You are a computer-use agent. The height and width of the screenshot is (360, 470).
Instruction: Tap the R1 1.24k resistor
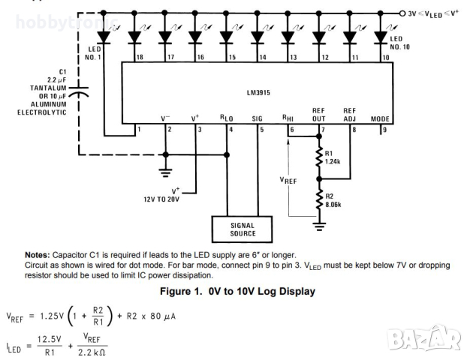coord(320,157)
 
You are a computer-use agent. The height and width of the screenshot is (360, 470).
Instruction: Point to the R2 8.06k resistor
coord(320,196)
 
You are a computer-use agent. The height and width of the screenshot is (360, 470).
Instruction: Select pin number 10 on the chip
coord(385,57)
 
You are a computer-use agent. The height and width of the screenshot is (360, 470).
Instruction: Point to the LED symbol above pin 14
coord(257,35)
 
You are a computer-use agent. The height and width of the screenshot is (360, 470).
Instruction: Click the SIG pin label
coord(258,118)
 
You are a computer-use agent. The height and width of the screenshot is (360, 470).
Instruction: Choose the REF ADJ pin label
coord(350,114)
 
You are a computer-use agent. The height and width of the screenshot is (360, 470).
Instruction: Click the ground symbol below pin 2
coord(165,172)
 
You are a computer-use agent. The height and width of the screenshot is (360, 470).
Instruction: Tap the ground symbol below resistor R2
coord(320,224)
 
